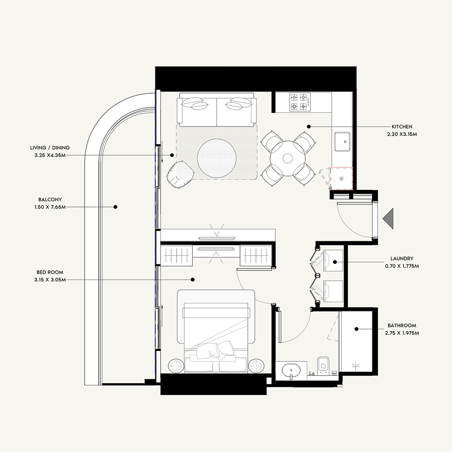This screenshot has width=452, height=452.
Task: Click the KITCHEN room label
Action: (x=402, y=127)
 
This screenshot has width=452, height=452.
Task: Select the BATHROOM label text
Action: (x=402, y=326)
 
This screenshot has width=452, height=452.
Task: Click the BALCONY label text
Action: (x=50, y=200)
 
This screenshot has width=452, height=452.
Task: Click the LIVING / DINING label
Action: (x=50, y=147)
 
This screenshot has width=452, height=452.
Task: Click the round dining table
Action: (x=288, y=159)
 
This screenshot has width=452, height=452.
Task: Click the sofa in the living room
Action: (x=217, y=110)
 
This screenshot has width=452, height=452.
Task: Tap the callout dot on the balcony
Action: (x=115, y=207)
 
